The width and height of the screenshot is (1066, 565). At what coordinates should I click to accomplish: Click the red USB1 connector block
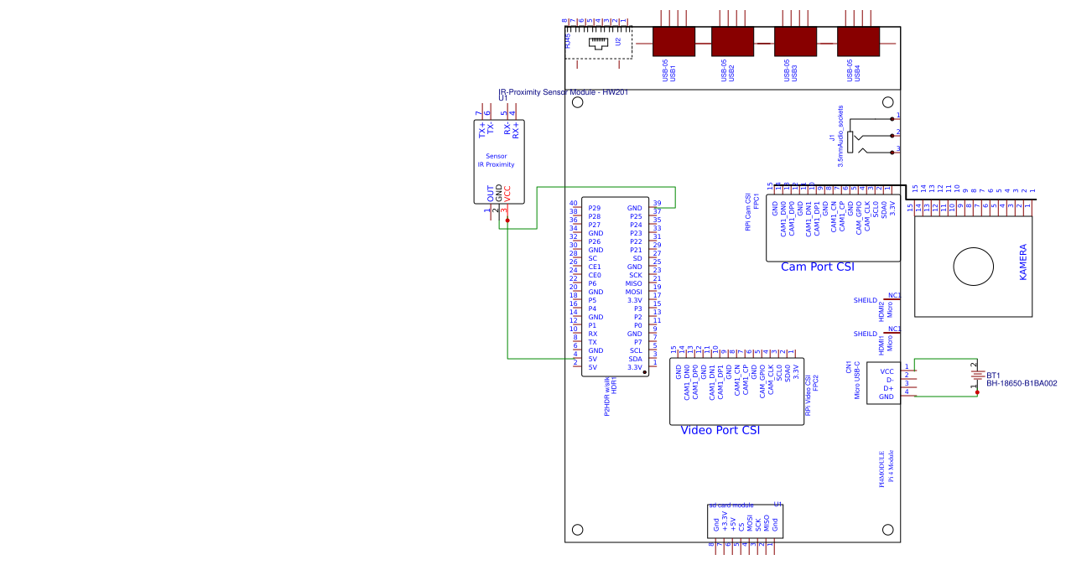[x=673, y=42]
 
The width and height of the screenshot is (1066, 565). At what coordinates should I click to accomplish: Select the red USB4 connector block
[x=857, y=42]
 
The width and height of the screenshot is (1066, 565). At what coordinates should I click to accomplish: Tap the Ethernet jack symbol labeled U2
[x=597, y=43]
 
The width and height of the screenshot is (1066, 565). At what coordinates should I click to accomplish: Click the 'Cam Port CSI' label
[x=817, y=267]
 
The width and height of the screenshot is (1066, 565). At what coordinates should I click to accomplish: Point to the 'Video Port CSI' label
[x=720, y=430]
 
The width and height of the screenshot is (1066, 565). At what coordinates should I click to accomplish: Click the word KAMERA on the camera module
[x=1022, y=262]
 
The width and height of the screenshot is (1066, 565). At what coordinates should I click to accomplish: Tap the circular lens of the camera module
[x=972, y=267]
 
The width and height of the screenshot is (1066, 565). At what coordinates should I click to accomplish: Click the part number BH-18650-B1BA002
[x=1022, y=383]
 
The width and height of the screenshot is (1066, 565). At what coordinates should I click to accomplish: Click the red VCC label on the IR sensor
[x=507, y=193]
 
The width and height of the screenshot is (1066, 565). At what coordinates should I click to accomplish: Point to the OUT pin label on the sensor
[x=491, y=193]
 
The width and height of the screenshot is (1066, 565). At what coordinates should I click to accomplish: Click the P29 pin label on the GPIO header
[x=594, y=208]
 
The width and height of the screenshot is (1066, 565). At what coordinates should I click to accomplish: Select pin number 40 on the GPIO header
[x=574, y=204]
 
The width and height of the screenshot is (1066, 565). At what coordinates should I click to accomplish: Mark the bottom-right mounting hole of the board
[x=886, y=529]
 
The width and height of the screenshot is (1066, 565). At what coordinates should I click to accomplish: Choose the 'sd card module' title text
[x=731, y=505]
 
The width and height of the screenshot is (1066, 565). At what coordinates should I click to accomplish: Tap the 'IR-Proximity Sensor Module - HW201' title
[x=563, y=92]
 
